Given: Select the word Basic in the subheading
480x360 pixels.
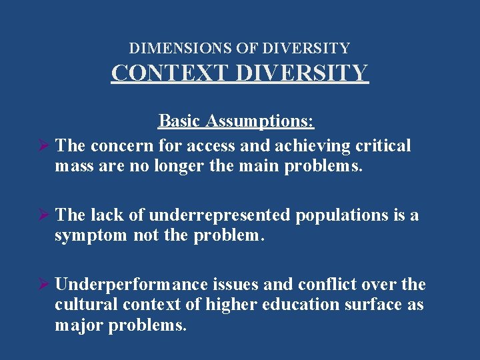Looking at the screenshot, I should (179, 121).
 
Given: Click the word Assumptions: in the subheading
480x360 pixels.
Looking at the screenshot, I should (259, 121).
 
